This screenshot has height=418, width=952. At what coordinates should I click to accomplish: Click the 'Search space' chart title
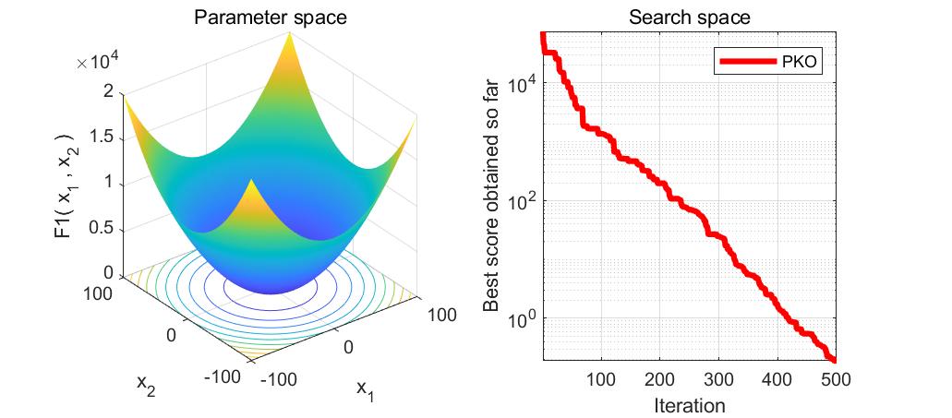pos(689,18)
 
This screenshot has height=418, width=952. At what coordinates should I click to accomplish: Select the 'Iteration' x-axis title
pos(689,405)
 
